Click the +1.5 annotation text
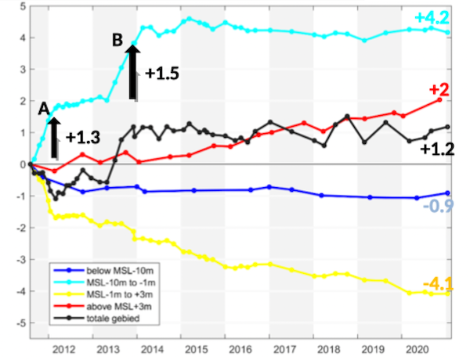162,73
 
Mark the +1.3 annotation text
82,137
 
